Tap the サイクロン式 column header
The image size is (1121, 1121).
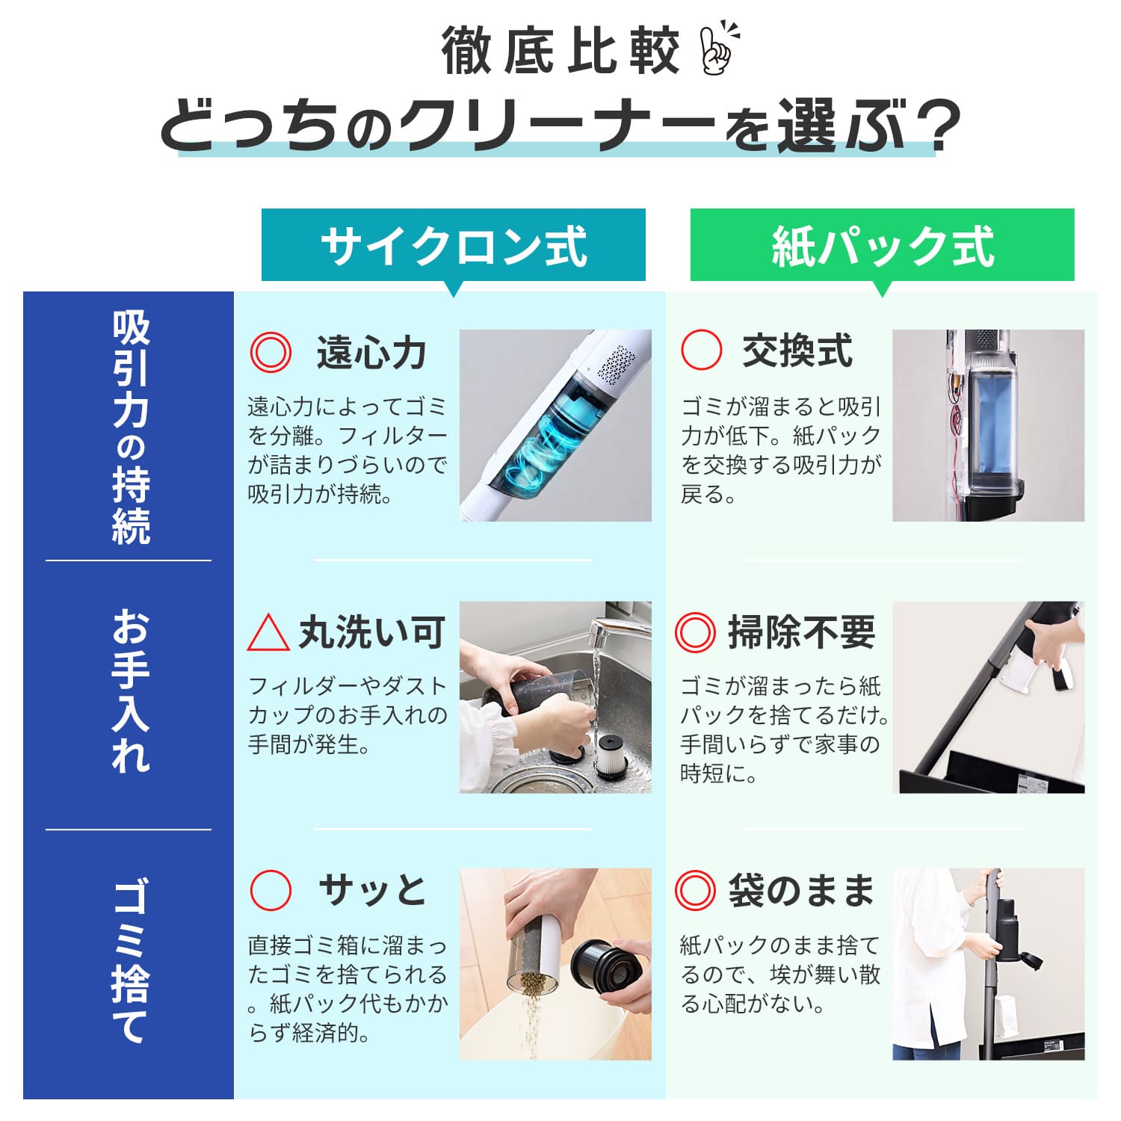453,245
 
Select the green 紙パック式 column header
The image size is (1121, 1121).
882,245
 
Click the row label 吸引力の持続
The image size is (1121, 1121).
131,426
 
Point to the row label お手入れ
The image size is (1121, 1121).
131,691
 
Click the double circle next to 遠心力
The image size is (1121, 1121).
270,352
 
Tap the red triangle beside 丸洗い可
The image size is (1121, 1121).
268,634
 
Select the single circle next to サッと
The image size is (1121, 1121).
270,889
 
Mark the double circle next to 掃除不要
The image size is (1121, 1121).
695,632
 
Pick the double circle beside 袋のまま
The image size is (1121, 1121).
695,889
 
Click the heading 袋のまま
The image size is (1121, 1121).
801,890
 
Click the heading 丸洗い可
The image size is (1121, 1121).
372,633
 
